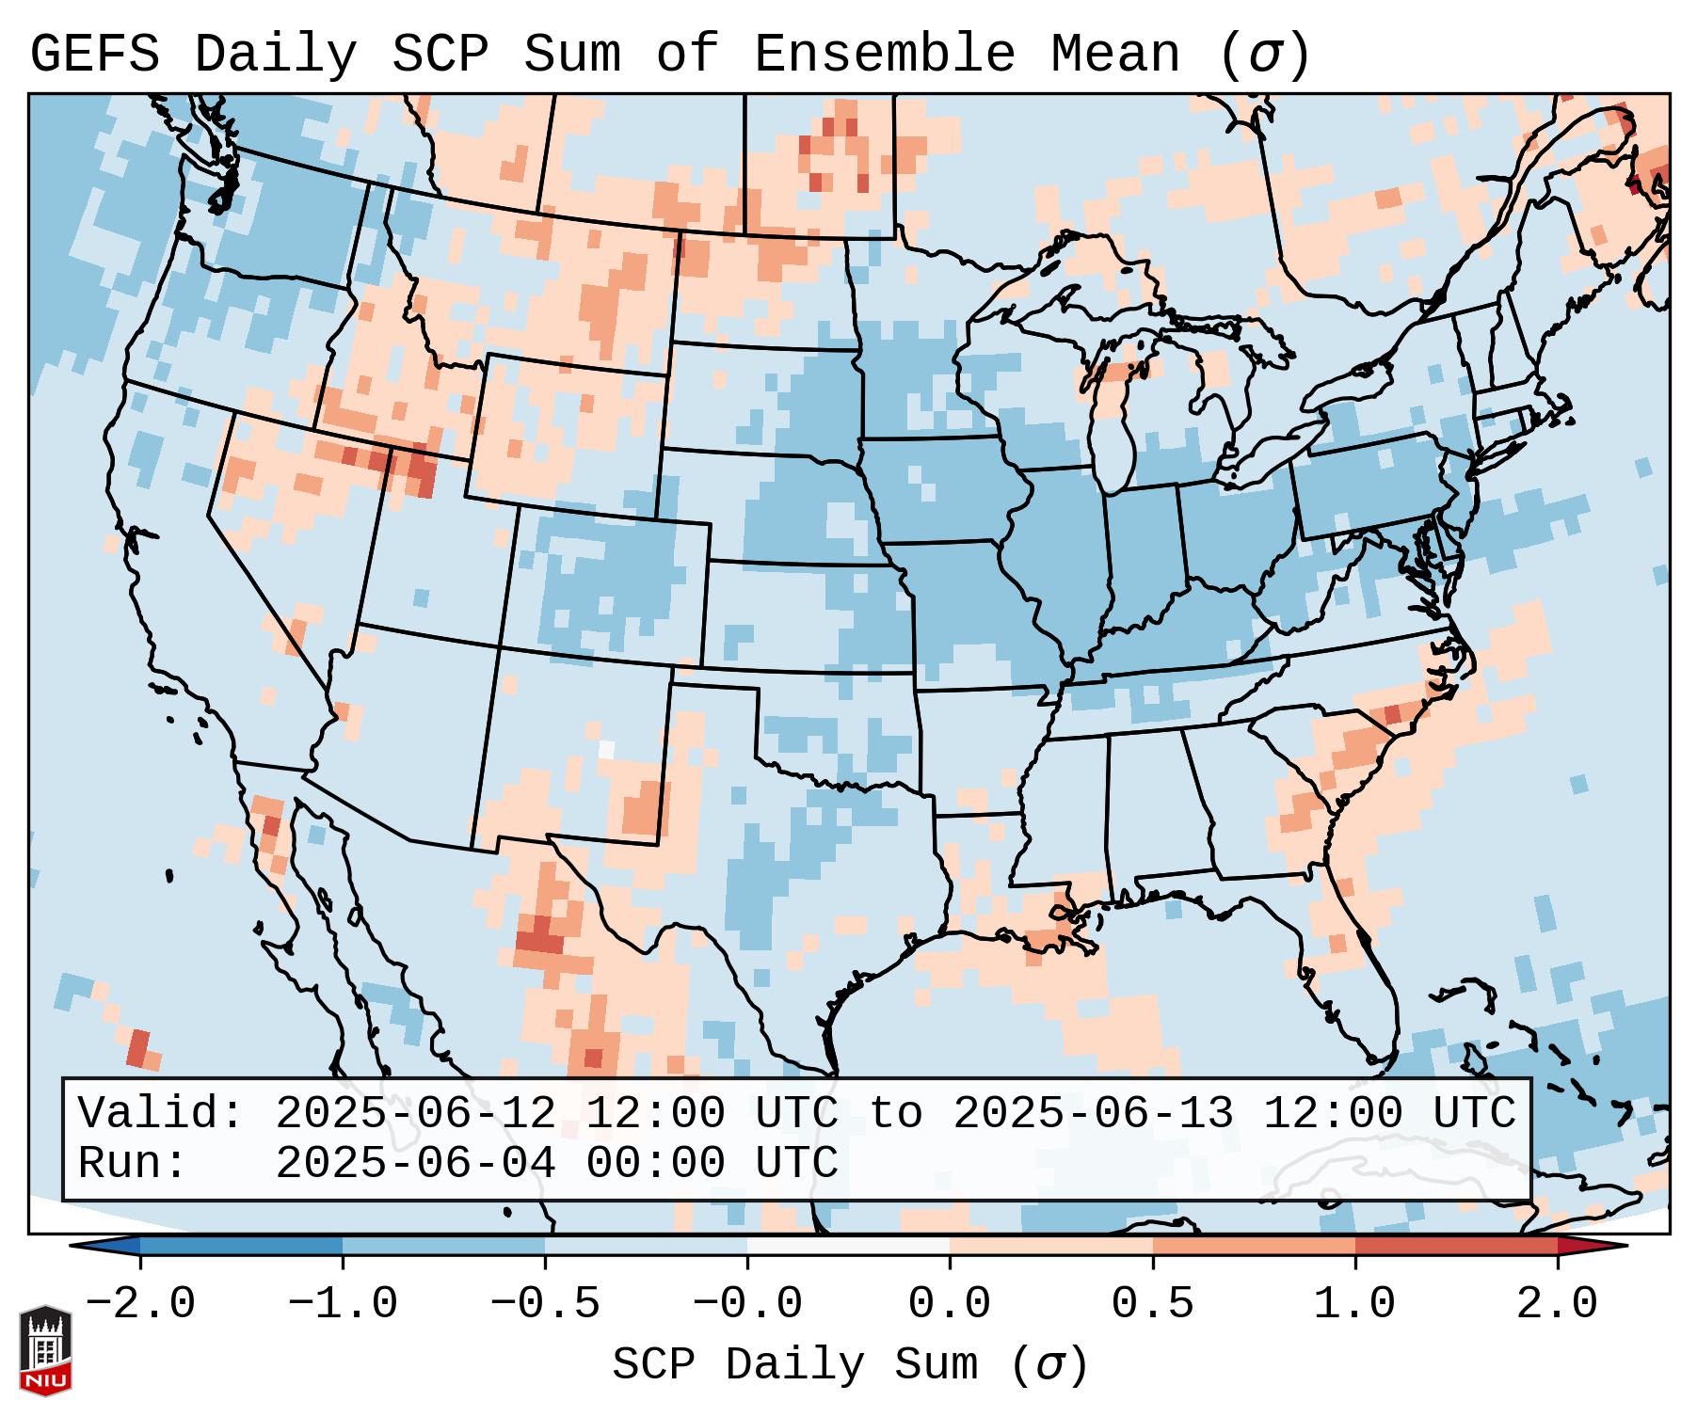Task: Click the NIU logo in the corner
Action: click(x=45, y=1350)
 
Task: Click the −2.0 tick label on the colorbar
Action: click(x=140, y=1304)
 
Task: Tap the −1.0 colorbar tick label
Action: click(x=343, y=1304)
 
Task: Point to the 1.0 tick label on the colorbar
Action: click(x=1354, y=1304)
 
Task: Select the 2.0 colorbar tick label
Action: click(x=1557, y=1304)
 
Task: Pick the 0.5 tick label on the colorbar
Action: click(x=1152, y=1304)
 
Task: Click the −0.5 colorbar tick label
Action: click(x=545, y=1304)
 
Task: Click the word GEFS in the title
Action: click(x=94, y=55)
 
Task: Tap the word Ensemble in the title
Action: click(x=884, y=55)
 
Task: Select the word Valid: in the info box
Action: click(x=161, y=1114)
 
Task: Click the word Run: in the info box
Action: click(x=133, y=1164)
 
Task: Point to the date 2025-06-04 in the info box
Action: click(x=415, y=1164)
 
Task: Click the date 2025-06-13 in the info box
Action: click(x=1093, y=1114)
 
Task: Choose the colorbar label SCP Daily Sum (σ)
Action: click(x=849, y=1365)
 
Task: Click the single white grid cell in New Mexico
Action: click(x=606, y=749)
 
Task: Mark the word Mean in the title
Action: click(x=1114, y=55)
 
